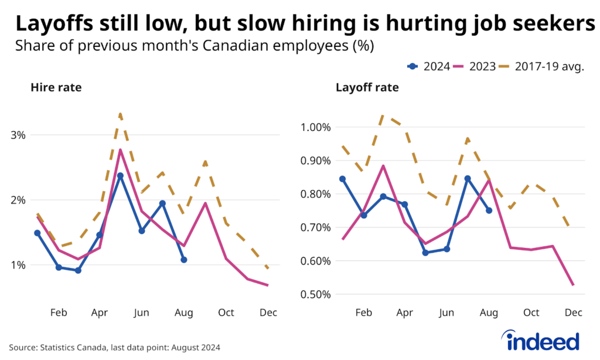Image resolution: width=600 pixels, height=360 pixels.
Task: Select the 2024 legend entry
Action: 429,66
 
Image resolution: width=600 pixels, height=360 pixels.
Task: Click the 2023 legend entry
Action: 475,66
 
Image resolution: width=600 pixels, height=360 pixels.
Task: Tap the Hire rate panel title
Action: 56,88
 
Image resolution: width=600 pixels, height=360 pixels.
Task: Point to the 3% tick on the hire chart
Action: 19,135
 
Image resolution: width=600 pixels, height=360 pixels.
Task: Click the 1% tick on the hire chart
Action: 19,265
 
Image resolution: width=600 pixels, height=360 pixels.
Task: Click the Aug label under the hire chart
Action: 183,313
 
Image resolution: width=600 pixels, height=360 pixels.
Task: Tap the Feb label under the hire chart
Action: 58,313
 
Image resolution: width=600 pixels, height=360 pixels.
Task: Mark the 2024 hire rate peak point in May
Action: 120,176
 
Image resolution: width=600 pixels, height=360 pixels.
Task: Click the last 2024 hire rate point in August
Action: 183,259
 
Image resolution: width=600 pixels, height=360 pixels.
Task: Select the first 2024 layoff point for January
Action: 342,179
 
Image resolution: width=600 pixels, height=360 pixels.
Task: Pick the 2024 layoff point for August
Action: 489,210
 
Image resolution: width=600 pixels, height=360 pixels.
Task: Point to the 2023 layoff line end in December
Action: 573,286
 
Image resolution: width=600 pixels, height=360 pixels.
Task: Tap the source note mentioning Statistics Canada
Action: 114,347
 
